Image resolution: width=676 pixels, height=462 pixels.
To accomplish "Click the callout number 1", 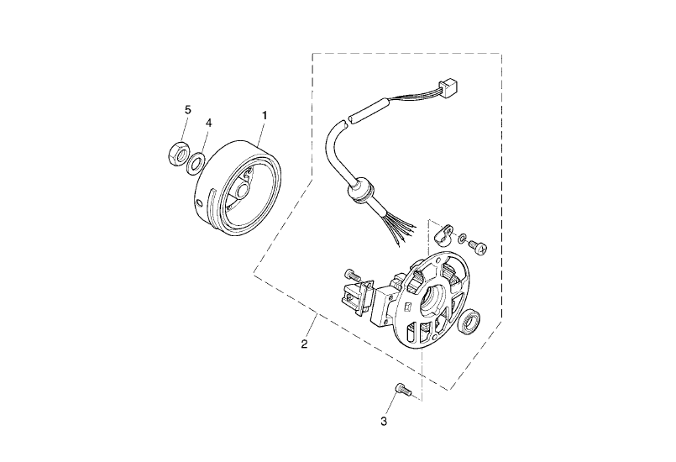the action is [265, 116].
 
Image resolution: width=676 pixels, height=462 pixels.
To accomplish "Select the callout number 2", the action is [304, 344].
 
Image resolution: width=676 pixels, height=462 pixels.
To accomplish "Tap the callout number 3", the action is [384, 422].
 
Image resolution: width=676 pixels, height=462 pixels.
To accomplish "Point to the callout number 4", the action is [208, 123].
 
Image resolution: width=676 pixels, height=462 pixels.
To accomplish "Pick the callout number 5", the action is [187, 110].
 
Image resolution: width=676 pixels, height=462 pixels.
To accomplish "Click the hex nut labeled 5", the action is [177, 153].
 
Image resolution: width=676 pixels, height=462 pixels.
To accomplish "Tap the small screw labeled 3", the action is [401, 389].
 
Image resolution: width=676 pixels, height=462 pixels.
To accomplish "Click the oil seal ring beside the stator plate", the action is [470, 322].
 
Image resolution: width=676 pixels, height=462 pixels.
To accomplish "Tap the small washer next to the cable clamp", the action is [462, 238].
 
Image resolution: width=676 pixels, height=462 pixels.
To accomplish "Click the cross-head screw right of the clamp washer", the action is [479, 248].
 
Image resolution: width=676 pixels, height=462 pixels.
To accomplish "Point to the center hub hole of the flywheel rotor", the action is [242, 189].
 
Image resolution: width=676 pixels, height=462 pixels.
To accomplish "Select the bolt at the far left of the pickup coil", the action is [352, 275].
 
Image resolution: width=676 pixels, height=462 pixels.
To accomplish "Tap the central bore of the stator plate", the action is [432, 300].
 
